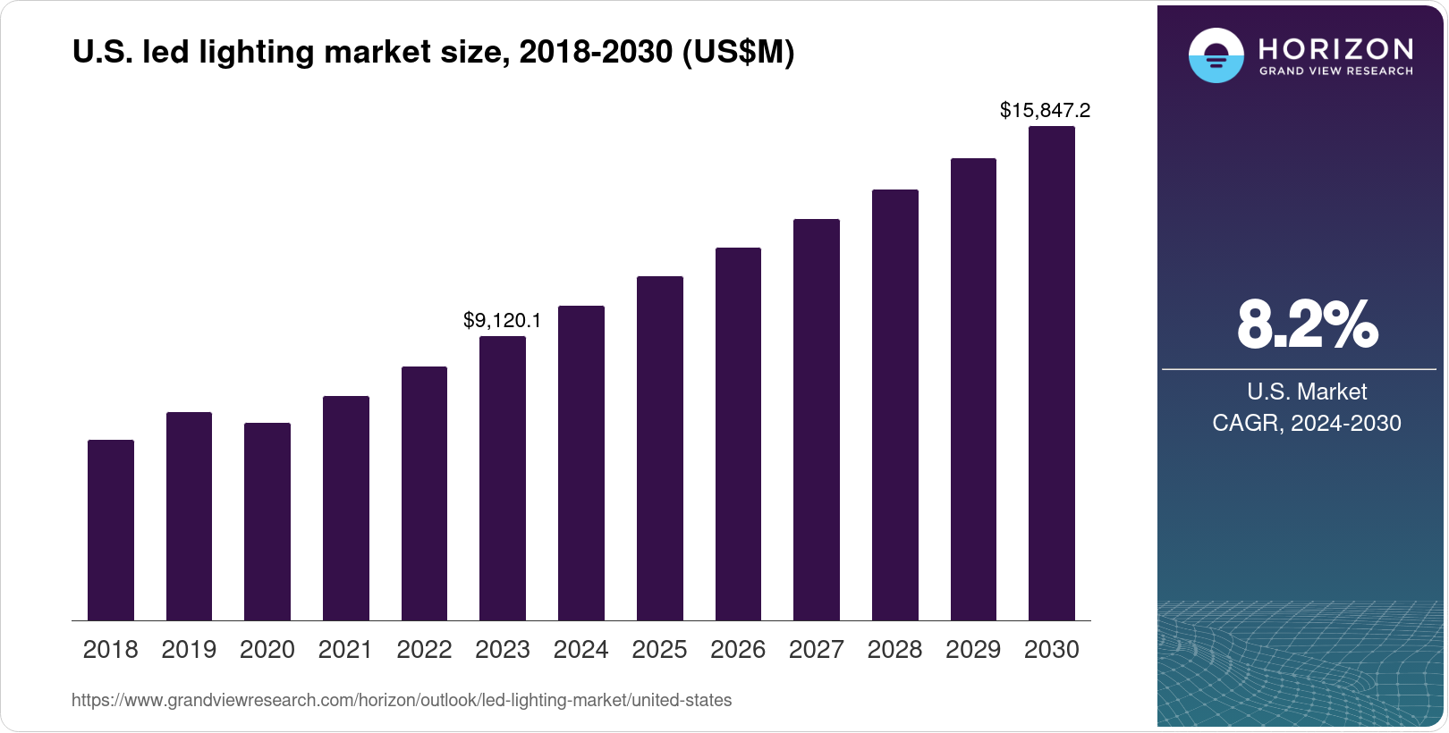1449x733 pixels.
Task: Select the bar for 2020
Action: tap(267, 522)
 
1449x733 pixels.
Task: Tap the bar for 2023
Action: tap(503, 478)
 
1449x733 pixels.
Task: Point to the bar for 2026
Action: tap(738, 434)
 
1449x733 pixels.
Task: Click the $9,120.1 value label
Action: tap(502, 320)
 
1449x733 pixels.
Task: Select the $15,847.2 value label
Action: tap(1045, 111)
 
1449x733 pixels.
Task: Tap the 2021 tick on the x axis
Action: tap(345, 650)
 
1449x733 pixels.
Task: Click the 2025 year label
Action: tap(659, 650)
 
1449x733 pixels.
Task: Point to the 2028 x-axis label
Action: tap(894, 650)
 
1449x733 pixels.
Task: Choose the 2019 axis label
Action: tap(189, 650)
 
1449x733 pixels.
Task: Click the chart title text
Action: tap(433, 53)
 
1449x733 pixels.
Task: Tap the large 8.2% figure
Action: tap(1307, 325)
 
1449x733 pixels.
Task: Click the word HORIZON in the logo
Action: tap(1335, 49)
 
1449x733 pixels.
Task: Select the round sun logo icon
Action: tap(1216, 55)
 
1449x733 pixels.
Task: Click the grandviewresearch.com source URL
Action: tap(402, 701)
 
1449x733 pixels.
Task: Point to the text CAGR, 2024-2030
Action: tap(1306, 423)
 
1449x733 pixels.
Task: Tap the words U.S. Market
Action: tap(1307, 392)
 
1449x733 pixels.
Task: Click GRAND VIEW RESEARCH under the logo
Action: tap(1335, 72)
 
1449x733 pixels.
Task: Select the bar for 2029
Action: tap(973, 390)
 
